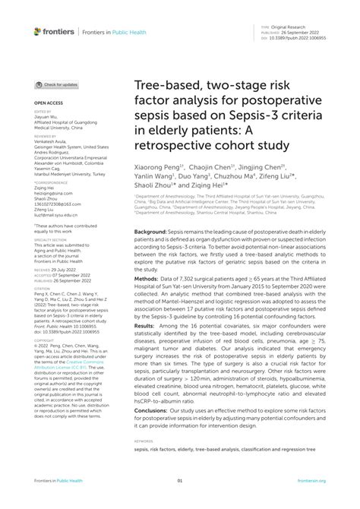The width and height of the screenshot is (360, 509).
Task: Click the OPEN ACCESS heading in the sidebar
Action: pyautogui.click(x=47, y=100)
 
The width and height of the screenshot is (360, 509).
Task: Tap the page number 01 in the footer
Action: pyautogui.click(x=180, y=481)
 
